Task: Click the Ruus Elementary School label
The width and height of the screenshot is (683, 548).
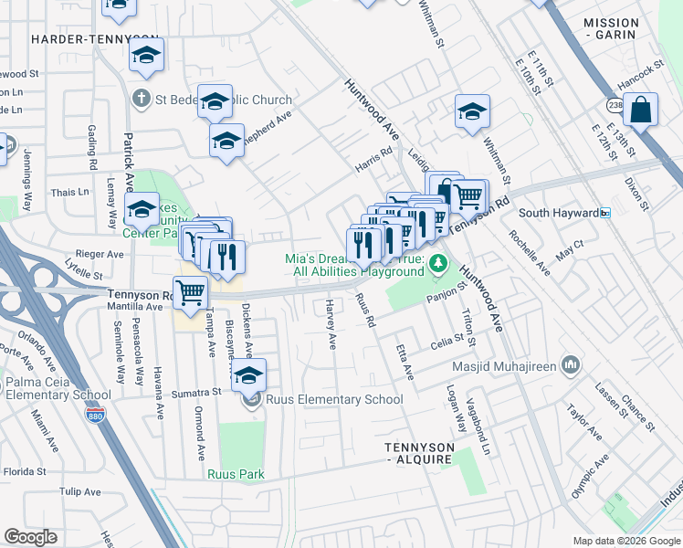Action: point(334,399)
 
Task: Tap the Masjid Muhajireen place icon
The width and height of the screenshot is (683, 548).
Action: point(572,366)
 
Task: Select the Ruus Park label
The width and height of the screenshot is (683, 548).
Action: point(235,474)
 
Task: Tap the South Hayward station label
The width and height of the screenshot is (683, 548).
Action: point(558,213)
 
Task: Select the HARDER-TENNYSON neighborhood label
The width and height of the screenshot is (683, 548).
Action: point(78,39)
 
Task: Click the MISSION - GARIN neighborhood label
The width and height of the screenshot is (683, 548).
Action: point(611,29)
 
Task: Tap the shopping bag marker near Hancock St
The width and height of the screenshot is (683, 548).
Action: point(643,111)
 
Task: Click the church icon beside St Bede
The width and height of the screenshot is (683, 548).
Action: point(141,98)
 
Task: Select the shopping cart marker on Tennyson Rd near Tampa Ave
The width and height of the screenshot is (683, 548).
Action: point(191,293)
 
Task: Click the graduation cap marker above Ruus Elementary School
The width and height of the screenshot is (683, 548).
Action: point(248,375)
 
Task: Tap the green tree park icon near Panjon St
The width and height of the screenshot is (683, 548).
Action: point(438,264)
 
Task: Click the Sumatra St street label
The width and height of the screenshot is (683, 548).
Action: point(196,393)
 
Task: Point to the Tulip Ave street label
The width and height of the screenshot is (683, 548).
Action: point(80,491)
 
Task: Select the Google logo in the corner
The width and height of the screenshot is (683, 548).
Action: point(30,537)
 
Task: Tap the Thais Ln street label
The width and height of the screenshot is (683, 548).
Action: point(70,193)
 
